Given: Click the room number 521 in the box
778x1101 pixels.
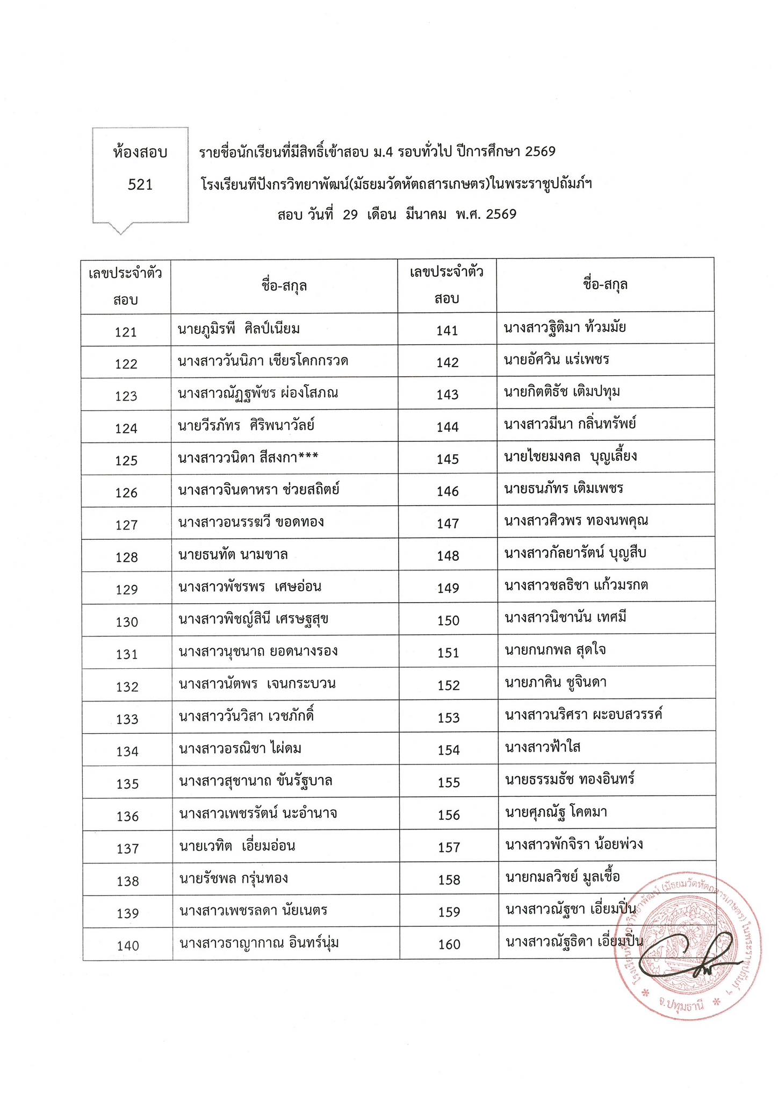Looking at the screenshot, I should tap(140, 185).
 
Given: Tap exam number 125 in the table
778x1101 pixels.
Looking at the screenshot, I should tap(126, 461).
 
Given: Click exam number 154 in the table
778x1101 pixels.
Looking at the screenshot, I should tap(449, 750).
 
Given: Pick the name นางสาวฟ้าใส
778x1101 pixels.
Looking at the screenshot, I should tap(543, 747).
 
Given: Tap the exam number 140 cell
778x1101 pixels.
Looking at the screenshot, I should tap(128, 946).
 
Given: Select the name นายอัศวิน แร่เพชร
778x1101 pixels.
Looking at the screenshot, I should tap(557, 359).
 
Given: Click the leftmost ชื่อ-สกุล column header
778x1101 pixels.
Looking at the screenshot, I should tap(284, 285).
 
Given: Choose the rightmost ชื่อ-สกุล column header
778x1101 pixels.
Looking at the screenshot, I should tap(606, 284).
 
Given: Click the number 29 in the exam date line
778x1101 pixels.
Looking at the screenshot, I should tap(350, 215).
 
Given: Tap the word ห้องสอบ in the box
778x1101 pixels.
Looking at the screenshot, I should tap(140, 153).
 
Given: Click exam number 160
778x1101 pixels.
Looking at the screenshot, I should tap(449, 945).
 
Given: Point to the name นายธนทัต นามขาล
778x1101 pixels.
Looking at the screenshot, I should tap(233, 554).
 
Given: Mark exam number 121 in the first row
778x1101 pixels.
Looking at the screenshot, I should tap(126, 332).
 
